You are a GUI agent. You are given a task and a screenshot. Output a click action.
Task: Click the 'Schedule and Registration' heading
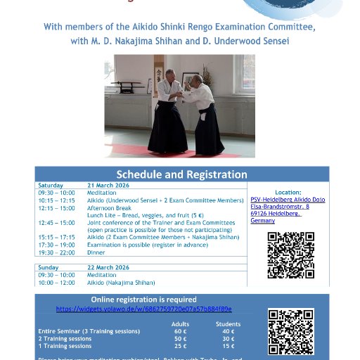(181, 174)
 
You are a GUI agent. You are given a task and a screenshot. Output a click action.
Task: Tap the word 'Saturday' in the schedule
(51, 185)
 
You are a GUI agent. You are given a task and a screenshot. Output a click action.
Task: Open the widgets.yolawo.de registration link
(143, 309)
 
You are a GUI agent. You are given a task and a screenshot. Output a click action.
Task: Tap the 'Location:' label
(288, 192)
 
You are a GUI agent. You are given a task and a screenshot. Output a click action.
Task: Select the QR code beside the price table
(290, 331)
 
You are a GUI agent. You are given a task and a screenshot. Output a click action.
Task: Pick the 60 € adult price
(181, 331)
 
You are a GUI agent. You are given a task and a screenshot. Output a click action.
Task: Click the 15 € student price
(228, 346)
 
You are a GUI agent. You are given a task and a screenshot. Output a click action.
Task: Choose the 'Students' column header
(228, 323)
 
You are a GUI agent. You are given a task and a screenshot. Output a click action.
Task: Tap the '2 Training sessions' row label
(65, 338)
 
